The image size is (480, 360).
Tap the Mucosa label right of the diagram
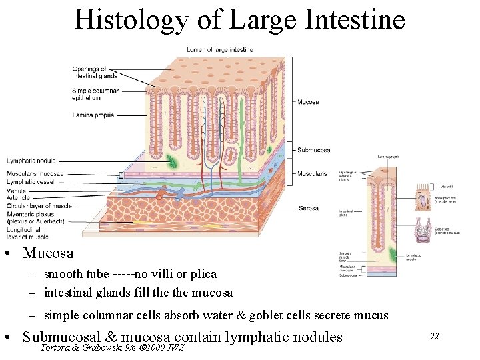308,102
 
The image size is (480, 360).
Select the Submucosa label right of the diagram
313,150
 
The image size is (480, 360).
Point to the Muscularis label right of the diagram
313,173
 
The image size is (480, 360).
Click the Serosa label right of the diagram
308,209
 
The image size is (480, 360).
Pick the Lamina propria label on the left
94,115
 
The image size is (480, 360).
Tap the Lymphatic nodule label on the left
31,161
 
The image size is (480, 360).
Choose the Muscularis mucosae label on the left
35,175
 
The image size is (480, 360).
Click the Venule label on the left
17,191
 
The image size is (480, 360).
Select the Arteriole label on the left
18,197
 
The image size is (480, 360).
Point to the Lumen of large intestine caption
219,50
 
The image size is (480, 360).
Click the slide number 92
433,337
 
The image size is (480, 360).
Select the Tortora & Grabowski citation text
112,347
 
